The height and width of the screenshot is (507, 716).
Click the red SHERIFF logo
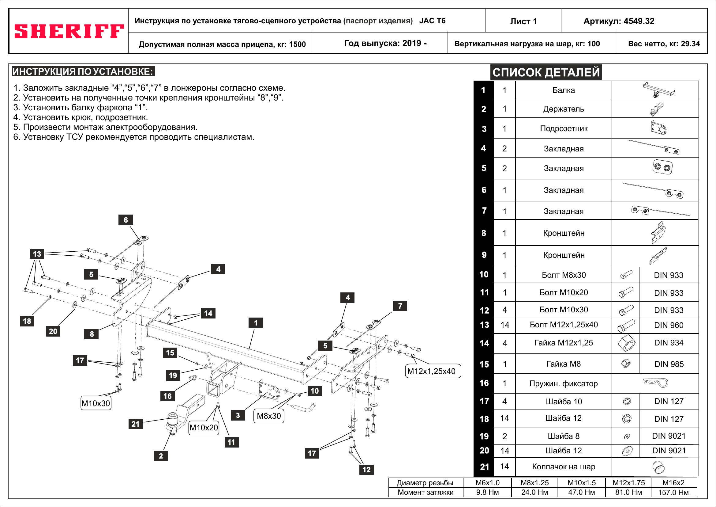[x=69, y=31]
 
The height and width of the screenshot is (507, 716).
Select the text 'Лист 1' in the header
[x=523, y=21]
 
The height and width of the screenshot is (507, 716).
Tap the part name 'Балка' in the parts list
[x=563, y=90]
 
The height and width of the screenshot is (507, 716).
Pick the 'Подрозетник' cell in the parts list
[x=564, y=129]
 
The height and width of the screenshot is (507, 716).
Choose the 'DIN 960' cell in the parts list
[x=669, y=325]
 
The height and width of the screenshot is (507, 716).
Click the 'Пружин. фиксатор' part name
[x=563, y=383]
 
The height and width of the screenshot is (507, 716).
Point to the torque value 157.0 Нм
[x=673, y=492]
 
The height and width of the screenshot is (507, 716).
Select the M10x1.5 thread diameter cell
[x=581, y=483]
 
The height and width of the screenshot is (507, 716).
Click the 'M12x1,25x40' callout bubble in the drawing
[x=431, y=371]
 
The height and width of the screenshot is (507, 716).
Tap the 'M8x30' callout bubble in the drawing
[x=268, y=416]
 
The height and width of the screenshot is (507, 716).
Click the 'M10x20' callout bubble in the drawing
[x=204, y=427]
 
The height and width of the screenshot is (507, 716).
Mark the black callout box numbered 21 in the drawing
[x=135, y=424]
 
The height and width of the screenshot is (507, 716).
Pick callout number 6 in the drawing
[x=126, y=220]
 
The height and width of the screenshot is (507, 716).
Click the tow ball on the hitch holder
[x=172, y=418]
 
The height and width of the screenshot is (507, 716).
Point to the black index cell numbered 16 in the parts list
[x=484, y=383]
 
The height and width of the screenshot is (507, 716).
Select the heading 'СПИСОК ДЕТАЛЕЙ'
[x=546, y=72]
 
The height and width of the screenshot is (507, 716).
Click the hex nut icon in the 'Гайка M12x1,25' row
[x=627, y=343]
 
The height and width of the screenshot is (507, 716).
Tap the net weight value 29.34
[x=690, y=44]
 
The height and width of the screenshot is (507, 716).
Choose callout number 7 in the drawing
[x=400, y=306]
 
